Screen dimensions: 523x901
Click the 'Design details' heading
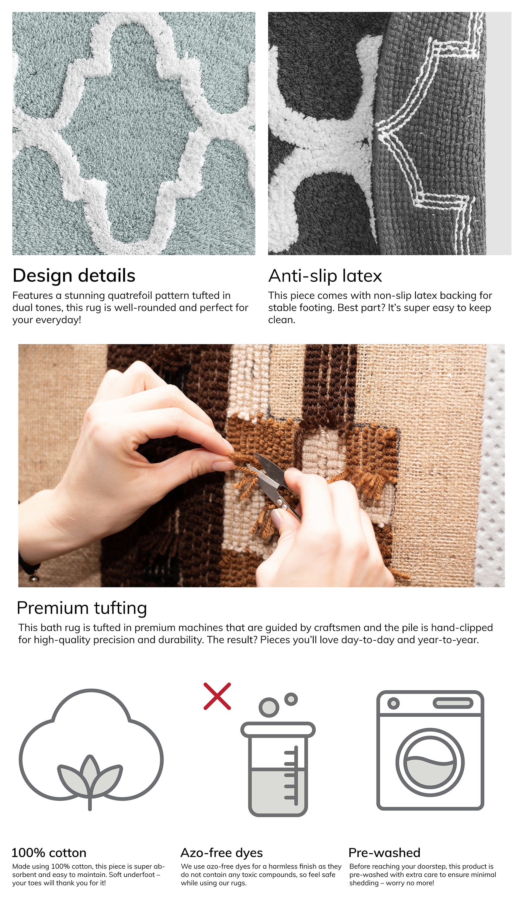click(74, 276)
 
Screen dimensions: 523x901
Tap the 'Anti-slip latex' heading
click(325, 276)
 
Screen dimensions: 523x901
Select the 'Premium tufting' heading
click(82, 608)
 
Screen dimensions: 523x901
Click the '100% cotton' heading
click(49, 853)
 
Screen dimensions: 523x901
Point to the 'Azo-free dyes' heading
click(222, 853)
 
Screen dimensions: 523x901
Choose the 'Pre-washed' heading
click(384, 853)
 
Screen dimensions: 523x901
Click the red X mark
click(217, 696)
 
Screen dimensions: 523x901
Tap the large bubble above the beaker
click(269, 707)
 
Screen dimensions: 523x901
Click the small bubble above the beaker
click(291, 699)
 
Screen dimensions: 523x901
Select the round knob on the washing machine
click(393, 703)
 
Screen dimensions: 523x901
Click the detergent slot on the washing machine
click(453, 703)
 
